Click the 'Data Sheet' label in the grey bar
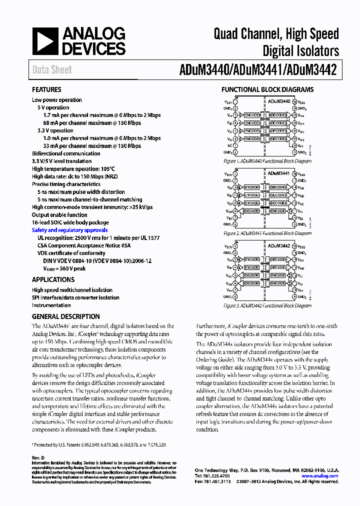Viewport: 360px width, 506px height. [x=52, y=70]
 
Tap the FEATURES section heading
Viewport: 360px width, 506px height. [x=46, y=89]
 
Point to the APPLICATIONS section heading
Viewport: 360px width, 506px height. [x=53, y=280]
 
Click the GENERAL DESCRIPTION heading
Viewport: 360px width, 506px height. [x=65, y=316]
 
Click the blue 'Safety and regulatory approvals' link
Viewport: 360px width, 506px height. [x=69, y=230]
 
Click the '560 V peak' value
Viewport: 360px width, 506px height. [x=70, y=268]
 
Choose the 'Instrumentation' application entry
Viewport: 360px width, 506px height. [x=51, y=305]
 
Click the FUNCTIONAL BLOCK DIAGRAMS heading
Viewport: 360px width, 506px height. [x=267, y=89]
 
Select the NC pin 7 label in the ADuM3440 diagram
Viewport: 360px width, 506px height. [x=229, y=145]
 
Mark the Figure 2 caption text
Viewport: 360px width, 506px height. [x=267, y=233]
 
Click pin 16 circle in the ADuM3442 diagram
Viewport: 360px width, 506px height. [x=295, y=246]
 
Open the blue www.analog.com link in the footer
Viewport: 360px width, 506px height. [x=320, y=476]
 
